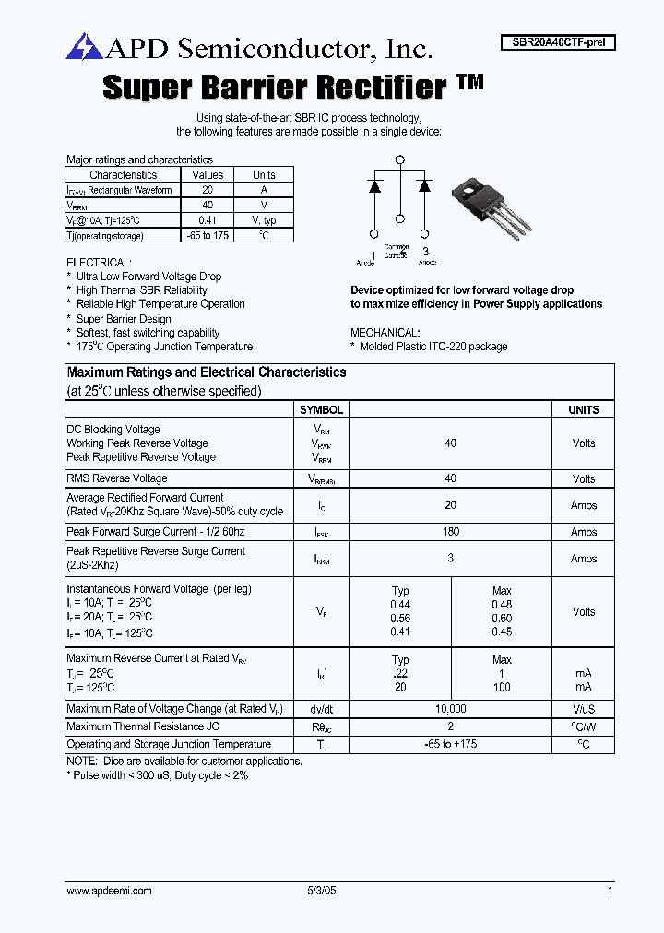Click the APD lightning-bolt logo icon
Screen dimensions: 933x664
(81, 46)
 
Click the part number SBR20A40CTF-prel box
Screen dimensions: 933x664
(558, 42)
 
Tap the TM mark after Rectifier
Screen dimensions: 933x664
(469, 82)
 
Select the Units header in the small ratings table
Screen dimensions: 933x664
(264, 174)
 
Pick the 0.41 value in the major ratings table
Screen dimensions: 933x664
(207, 220)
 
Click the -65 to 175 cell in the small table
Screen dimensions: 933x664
(207, 235)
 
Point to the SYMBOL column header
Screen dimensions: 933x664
(321, 409)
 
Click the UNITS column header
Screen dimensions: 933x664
(583, 409)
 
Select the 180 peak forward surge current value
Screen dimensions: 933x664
(450, 532)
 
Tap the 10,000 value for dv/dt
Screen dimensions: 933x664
(450, 709)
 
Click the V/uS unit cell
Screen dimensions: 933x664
(583, 709)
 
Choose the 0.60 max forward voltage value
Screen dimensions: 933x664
(502, 619)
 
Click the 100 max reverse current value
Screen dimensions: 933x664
(502, 687)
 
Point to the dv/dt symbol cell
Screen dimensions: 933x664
(321, 709)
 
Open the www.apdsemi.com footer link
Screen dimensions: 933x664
(109, 891)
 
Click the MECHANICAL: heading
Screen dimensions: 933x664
(385, 332)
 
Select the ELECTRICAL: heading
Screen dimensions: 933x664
(99, 263)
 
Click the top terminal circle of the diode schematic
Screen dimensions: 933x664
(400, 160)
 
